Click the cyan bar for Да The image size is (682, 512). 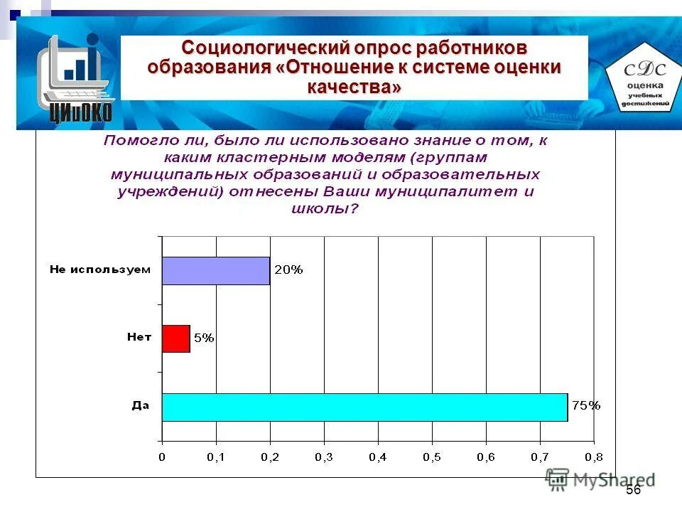coord(364,407)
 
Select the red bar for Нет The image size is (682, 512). coord(175,338)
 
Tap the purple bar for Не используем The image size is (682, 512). coord(215,270)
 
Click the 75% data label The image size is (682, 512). coord(586,406)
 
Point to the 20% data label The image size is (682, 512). coord(288,270)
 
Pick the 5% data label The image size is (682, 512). coord(203,338)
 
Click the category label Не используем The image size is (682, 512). coord(100,270)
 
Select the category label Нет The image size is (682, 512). coord(139,338)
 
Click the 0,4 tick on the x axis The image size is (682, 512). coord(378,457)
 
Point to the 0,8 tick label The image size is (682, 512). coord(593,457)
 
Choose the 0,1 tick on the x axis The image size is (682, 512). coord(216,457)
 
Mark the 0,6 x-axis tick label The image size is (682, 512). coord(486,457)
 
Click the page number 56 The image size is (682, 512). coord(633,490)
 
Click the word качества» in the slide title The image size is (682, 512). coord(354,87)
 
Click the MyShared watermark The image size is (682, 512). coord(600,480)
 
